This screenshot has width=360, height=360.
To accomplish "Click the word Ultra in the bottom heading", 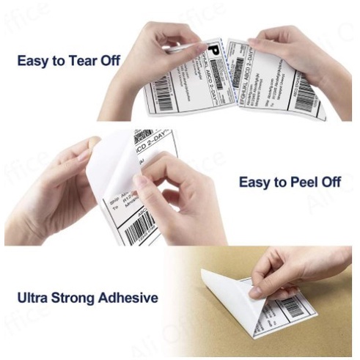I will pos(36,298).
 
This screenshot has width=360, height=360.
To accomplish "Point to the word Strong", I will pos(84,298).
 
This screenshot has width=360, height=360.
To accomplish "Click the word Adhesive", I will pos(133,298).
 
